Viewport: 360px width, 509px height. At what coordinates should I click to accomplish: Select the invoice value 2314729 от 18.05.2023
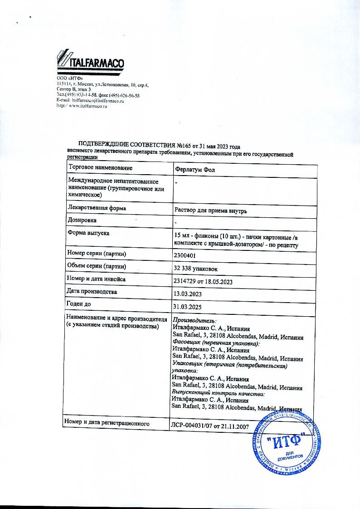click(203, 281)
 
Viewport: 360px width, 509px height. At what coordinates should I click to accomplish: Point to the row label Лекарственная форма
click(97, 208)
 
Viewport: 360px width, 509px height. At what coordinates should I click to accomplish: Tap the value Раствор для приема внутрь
click(210, 211)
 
